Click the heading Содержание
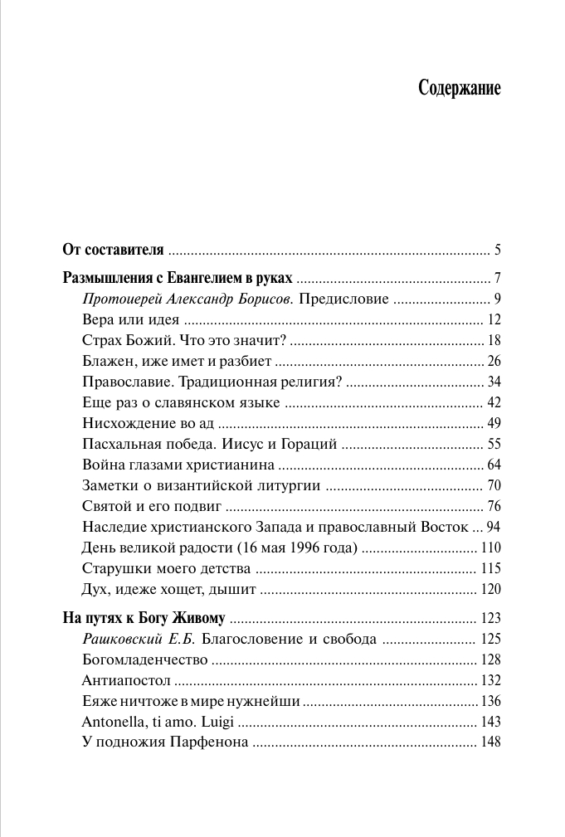tap(460, 89)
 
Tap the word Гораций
tap(309, 444)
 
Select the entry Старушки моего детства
tap(167, 568)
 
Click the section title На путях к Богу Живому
tap(144, 618)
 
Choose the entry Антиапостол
tap(127, 680)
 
